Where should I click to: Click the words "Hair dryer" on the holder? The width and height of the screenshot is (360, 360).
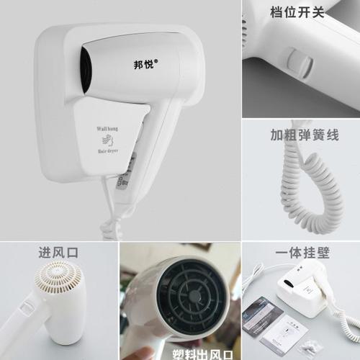107,153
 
